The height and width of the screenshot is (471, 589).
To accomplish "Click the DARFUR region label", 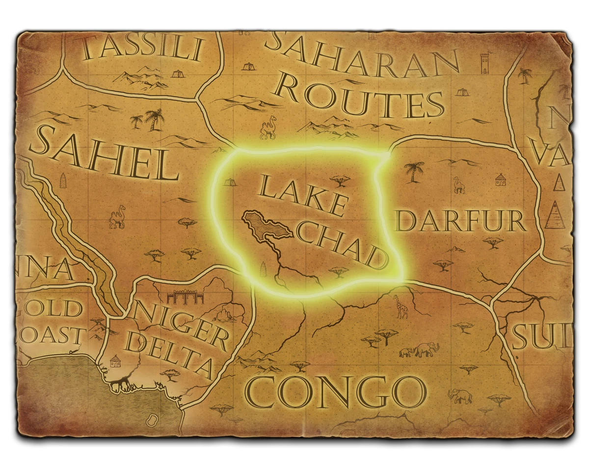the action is point(460,221).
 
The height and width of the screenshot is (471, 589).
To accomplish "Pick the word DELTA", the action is point(169,356).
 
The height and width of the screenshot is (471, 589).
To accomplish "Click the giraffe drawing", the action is point(402,306).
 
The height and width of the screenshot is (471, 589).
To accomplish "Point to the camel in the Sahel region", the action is point(117,219).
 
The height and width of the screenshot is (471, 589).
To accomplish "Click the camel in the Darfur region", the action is point(459,185).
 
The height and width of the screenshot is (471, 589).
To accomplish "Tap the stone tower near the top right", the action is point(485,62).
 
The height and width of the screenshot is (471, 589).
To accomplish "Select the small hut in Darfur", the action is point(500,180).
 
